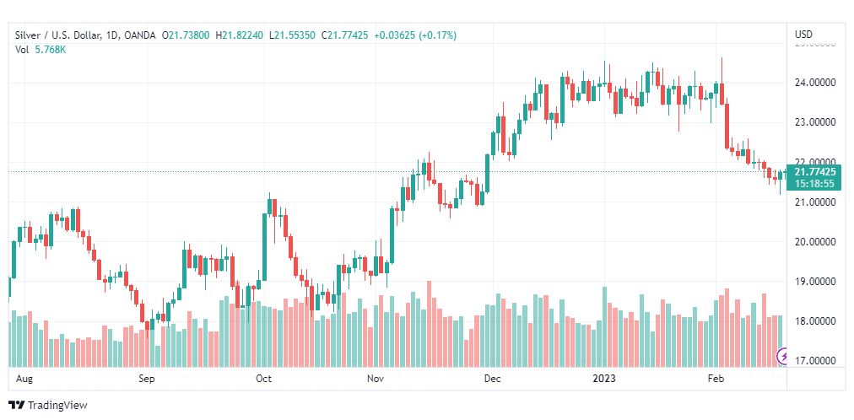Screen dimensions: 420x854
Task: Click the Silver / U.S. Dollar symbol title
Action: tap(56, 35)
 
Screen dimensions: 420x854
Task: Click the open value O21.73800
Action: tap(189, 35)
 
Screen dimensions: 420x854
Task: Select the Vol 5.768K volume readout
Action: tap(39, 49)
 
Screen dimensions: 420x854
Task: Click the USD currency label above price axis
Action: tap(803, 34)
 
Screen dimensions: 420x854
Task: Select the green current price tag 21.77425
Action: tap(814, 171)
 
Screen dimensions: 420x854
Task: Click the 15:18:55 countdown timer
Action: tap(814, 183)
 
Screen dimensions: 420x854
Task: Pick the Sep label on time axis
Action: tap(147, 379)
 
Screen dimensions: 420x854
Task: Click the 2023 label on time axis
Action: tap(603, 379)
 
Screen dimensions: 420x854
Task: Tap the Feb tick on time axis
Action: tap(716, 379)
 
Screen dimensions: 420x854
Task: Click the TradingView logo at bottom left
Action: tap(48, 406)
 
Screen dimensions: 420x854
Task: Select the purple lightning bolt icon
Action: tap(782, 358)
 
